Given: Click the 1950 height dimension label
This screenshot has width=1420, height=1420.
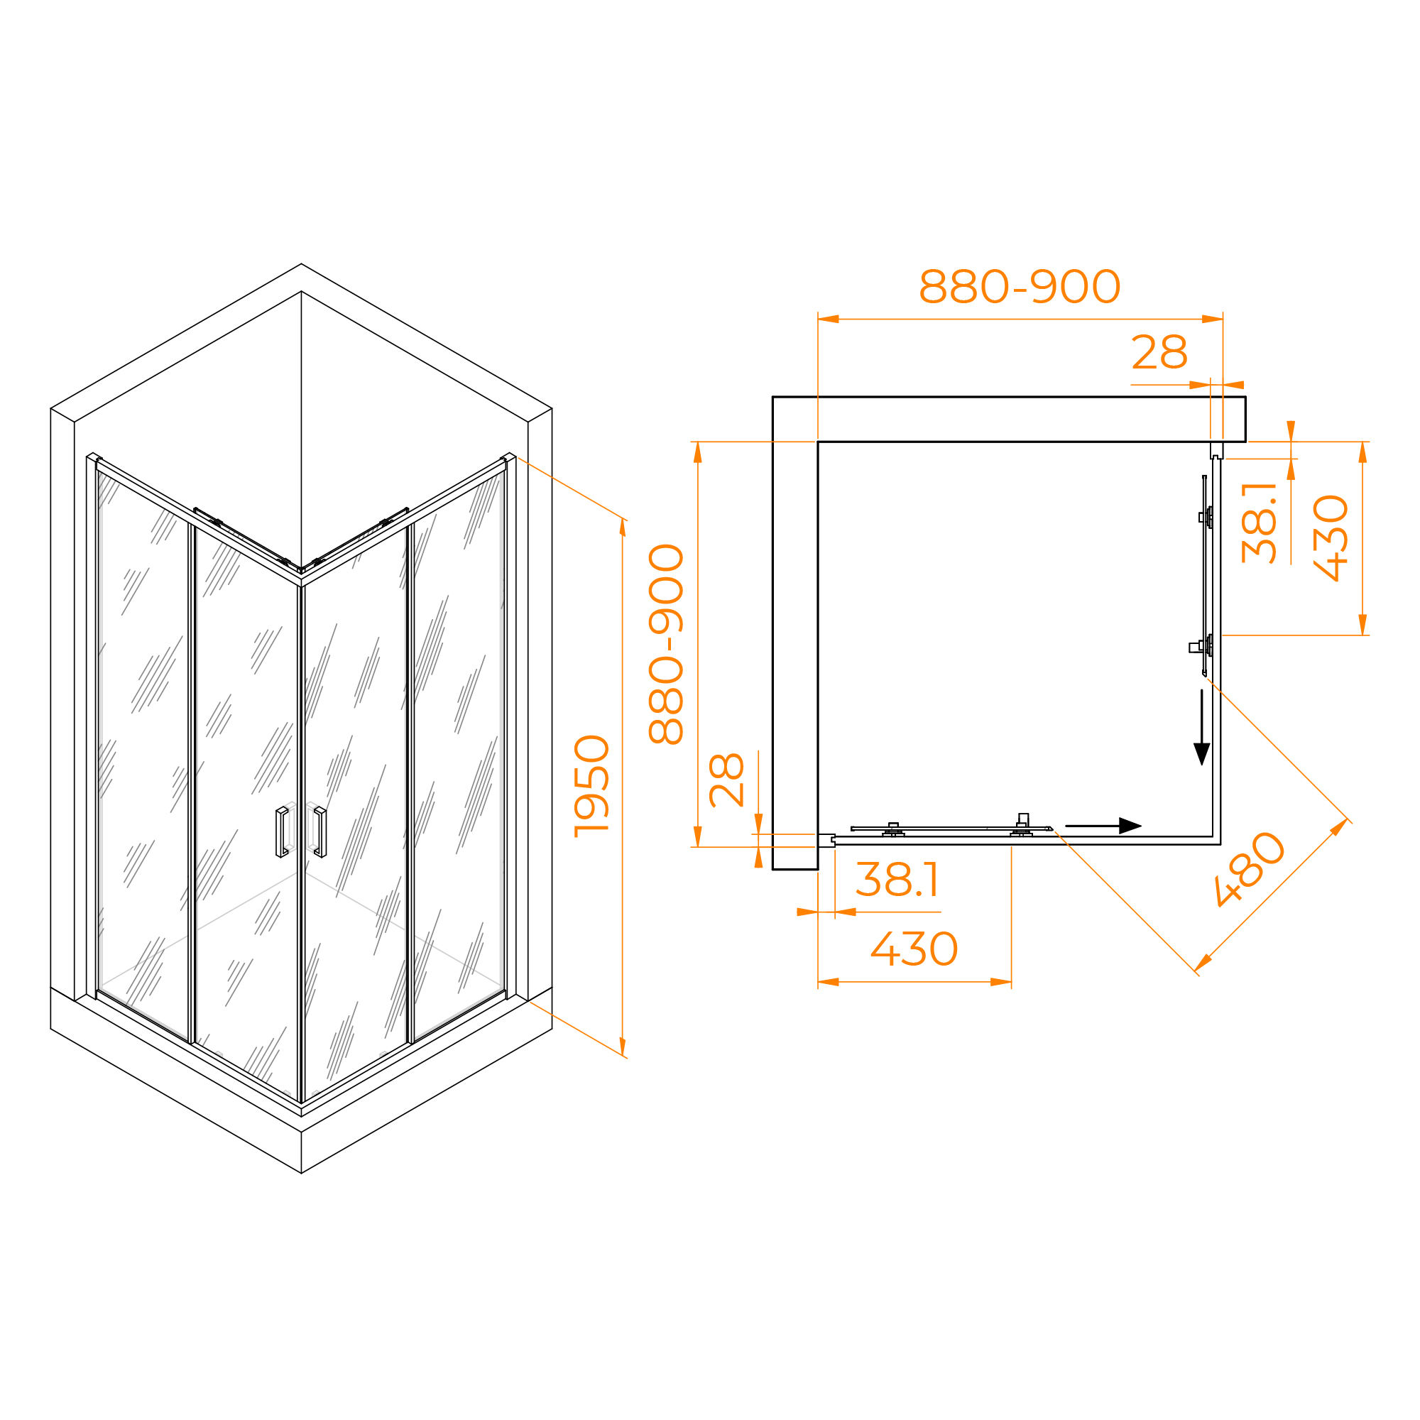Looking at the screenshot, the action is coord(591,787).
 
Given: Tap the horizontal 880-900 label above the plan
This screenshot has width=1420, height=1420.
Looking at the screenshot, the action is coord(1020,286).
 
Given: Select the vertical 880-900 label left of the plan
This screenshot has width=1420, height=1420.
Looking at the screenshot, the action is coord(666,645).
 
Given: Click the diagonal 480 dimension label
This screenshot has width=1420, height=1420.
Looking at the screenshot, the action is coord(1250,869).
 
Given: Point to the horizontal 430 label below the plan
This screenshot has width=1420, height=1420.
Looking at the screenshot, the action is coord(914,949).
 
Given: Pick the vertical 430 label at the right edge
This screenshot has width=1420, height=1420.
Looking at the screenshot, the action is coord(1331,538).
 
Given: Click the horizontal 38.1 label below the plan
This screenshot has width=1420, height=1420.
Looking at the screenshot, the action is coord(897,879).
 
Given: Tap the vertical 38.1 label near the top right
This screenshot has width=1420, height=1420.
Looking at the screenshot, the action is coord(1258,523).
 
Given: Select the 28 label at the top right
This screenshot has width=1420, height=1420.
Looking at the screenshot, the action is coord(1159,352).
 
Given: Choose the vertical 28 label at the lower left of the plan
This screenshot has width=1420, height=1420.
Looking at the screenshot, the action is coord(726,780).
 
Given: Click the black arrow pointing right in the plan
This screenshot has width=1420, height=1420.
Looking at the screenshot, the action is coord(1103,826).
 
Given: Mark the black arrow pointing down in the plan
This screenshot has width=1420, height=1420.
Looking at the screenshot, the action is coord(1202,728).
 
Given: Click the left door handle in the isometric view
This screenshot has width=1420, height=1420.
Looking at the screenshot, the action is coord(281,832).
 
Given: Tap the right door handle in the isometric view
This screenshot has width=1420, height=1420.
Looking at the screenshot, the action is coord(320,832).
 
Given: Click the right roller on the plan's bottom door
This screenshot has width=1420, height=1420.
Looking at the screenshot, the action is coord(1022,826).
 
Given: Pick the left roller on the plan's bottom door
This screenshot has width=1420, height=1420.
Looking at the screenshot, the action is coord(893,830).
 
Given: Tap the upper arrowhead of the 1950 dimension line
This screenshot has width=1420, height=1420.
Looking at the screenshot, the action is coord(623,527).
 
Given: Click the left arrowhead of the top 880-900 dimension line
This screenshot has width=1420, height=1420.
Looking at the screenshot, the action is coord(829,319).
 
